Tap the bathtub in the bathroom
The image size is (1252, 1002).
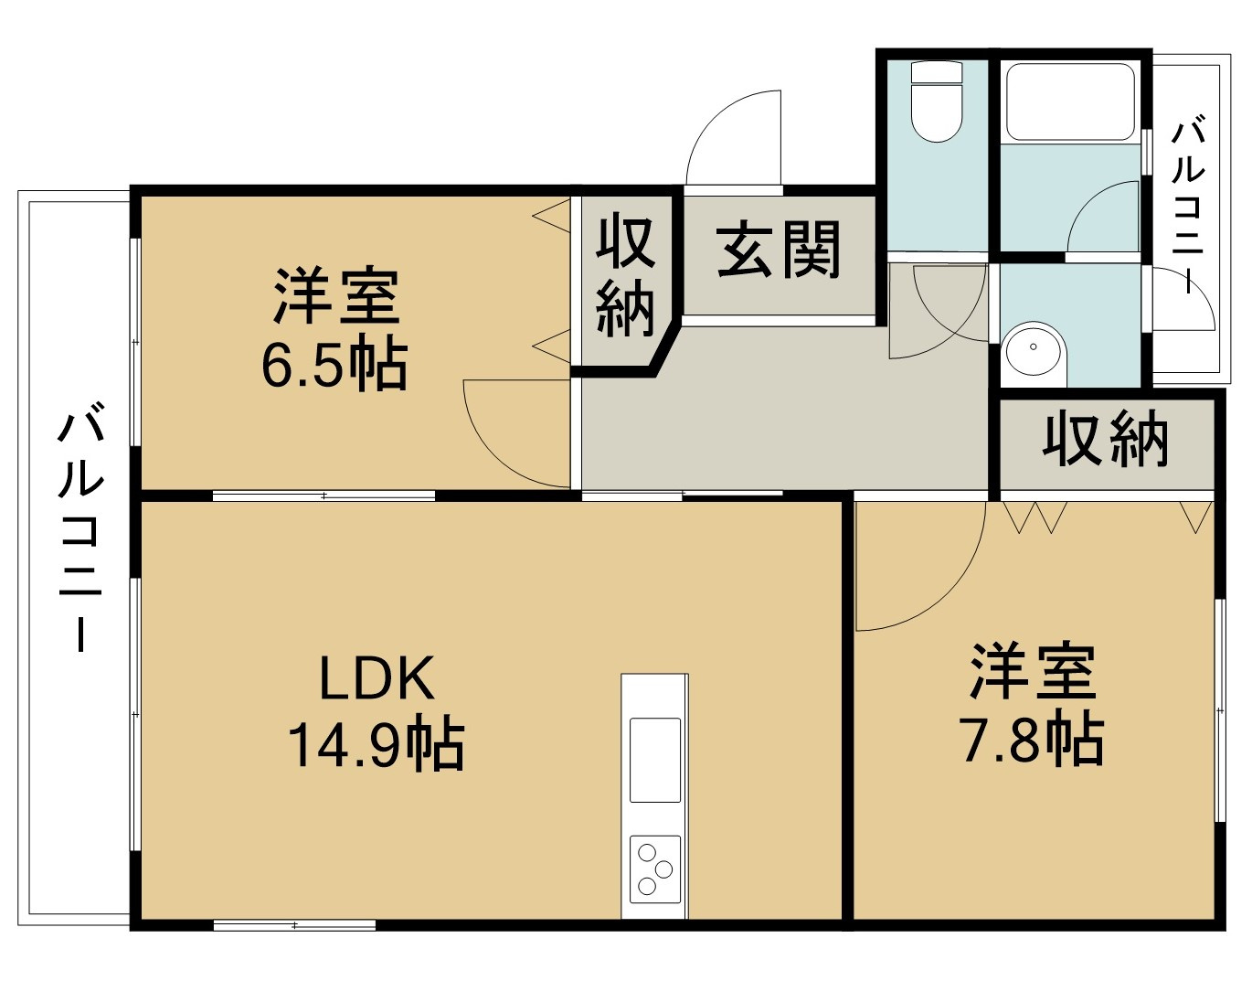coord(1069,101)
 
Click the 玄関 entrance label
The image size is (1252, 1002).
coord(779,250)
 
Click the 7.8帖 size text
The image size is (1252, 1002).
coord(1031,741)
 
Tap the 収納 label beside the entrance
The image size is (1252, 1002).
coord(626,276)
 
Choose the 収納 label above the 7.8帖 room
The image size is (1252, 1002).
coord(1106,441)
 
